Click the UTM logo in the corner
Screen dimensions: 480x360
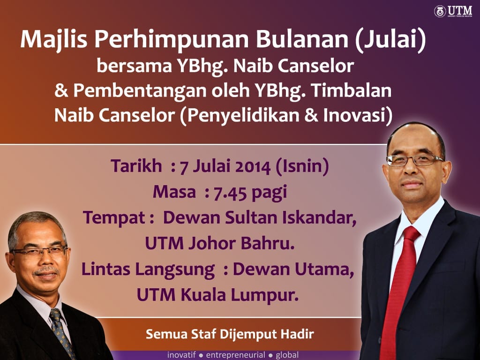coord(453,11)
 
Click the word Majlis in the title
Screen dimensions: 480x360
coord(54,40)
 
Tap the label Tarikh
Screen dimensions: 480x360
coord(136,166)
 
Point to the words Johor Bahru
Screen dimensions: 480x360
coord(241,244)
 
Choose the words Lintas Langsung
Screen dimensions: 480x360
coord(148,270)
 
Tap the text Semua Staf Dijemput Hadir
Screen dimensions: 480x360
coord(230,334)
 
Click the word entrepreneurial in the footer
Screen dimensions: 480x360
coord(235,355)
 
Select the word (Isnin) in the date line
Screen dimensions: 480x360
coord(302,167)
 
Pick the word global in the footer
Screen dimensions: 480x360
coord(287,355)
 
